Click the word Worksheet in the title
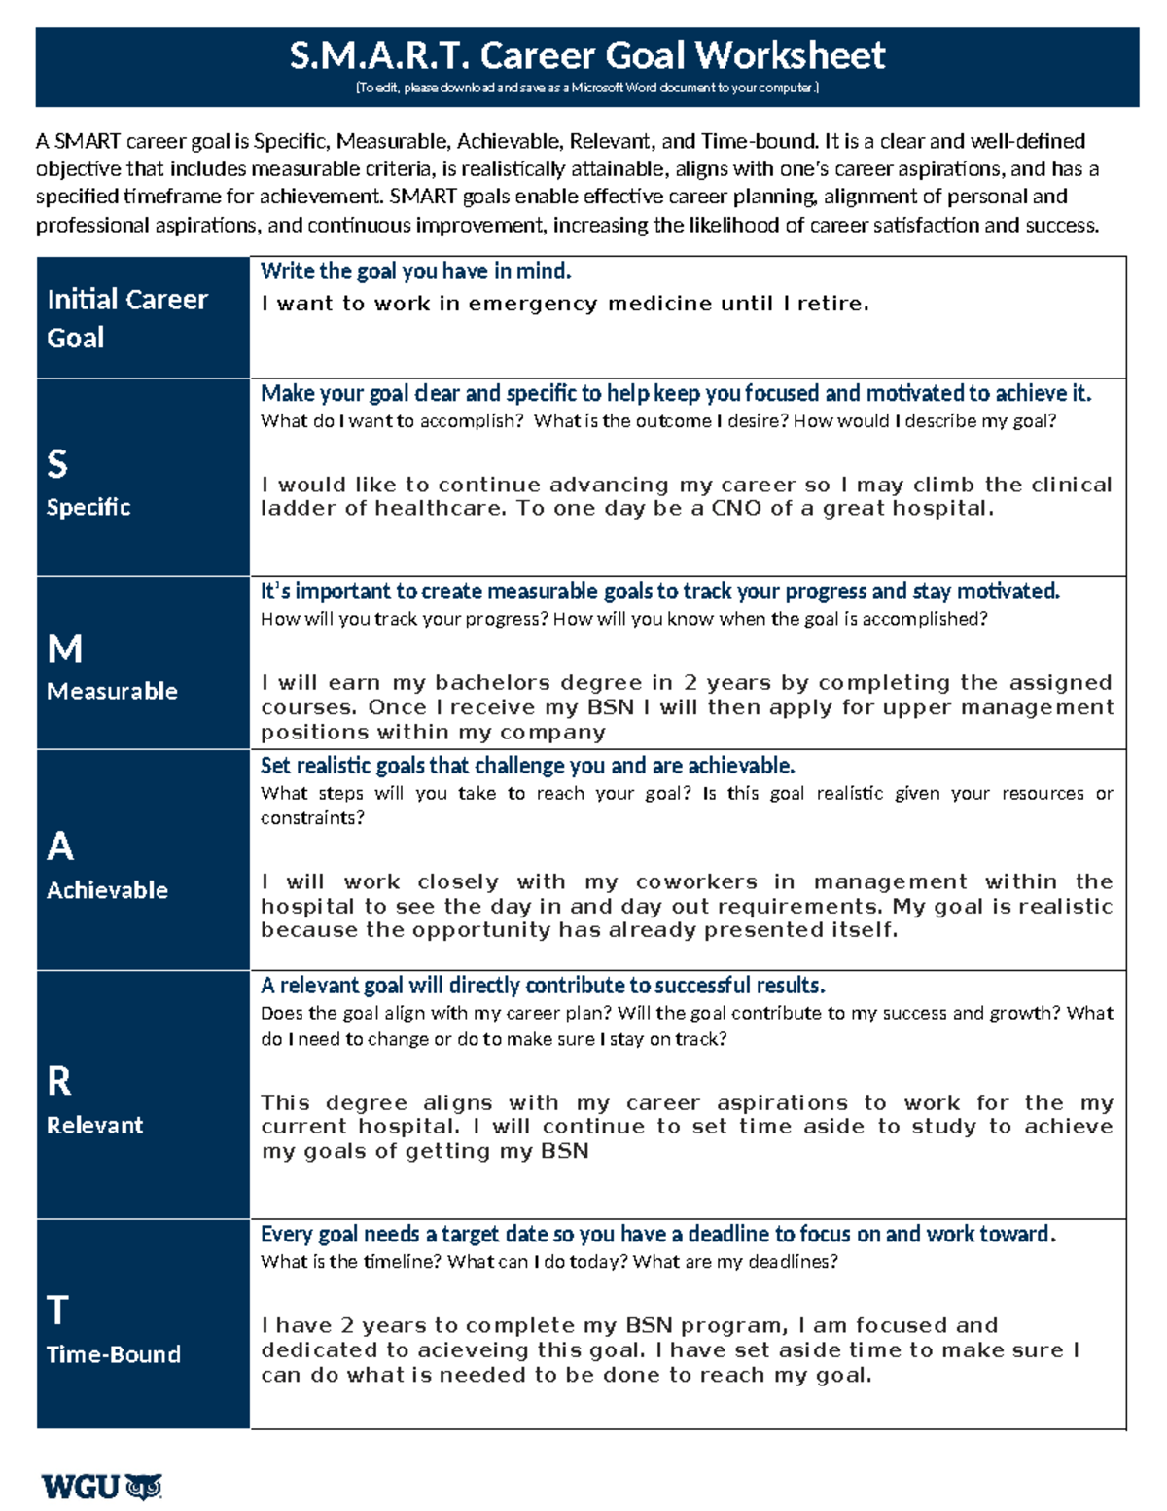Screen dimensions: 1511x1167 pos(790,55)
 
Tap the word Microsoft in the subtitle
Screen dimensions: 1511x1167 pos(598,88)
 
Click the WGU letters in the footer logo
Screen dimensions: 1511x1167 pos(81,1487)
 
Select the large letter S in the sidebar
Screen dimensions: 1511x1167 pos(57,464)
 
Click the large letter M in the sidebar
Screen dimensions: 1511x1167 pos(64,649)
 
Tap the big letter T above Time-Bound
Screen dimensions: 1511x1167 pos(57,1311)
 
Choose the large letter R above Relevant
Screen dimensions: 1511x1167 pos(58,1081)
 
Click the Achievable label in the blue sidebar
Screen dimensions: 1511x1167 pos(107,890)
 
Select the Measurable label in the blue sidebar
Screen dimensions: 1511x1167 pos(112,691)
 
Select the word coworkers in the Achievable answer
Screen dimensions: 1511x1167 pos(696,881)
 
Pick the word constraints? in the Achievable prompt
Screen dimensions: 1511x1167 pos(312,818)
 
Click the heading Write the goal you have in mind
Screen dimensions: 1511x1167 pos(415,271)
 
